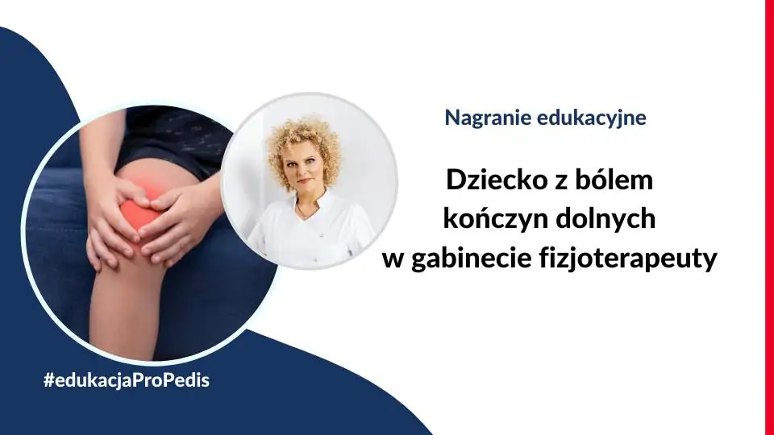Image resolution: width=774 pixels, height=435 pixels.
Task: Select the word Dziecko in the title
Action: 496,180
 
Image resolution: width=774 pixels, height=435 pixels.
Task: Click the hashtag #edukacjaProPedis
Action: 127,380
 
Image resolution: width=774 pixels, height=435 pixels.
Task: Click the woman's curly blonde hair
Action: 305,143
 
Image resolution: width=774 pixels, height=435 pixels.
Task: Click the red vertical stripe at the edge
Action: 769,217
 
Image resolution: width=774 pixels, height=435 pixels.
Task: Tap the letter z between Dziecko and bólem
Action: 560,183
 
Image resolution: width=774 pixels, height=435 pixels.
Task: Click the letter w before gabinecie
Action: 393,261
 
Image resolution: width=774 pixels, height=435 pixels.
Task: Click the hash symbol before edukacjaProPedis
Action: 49,380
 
